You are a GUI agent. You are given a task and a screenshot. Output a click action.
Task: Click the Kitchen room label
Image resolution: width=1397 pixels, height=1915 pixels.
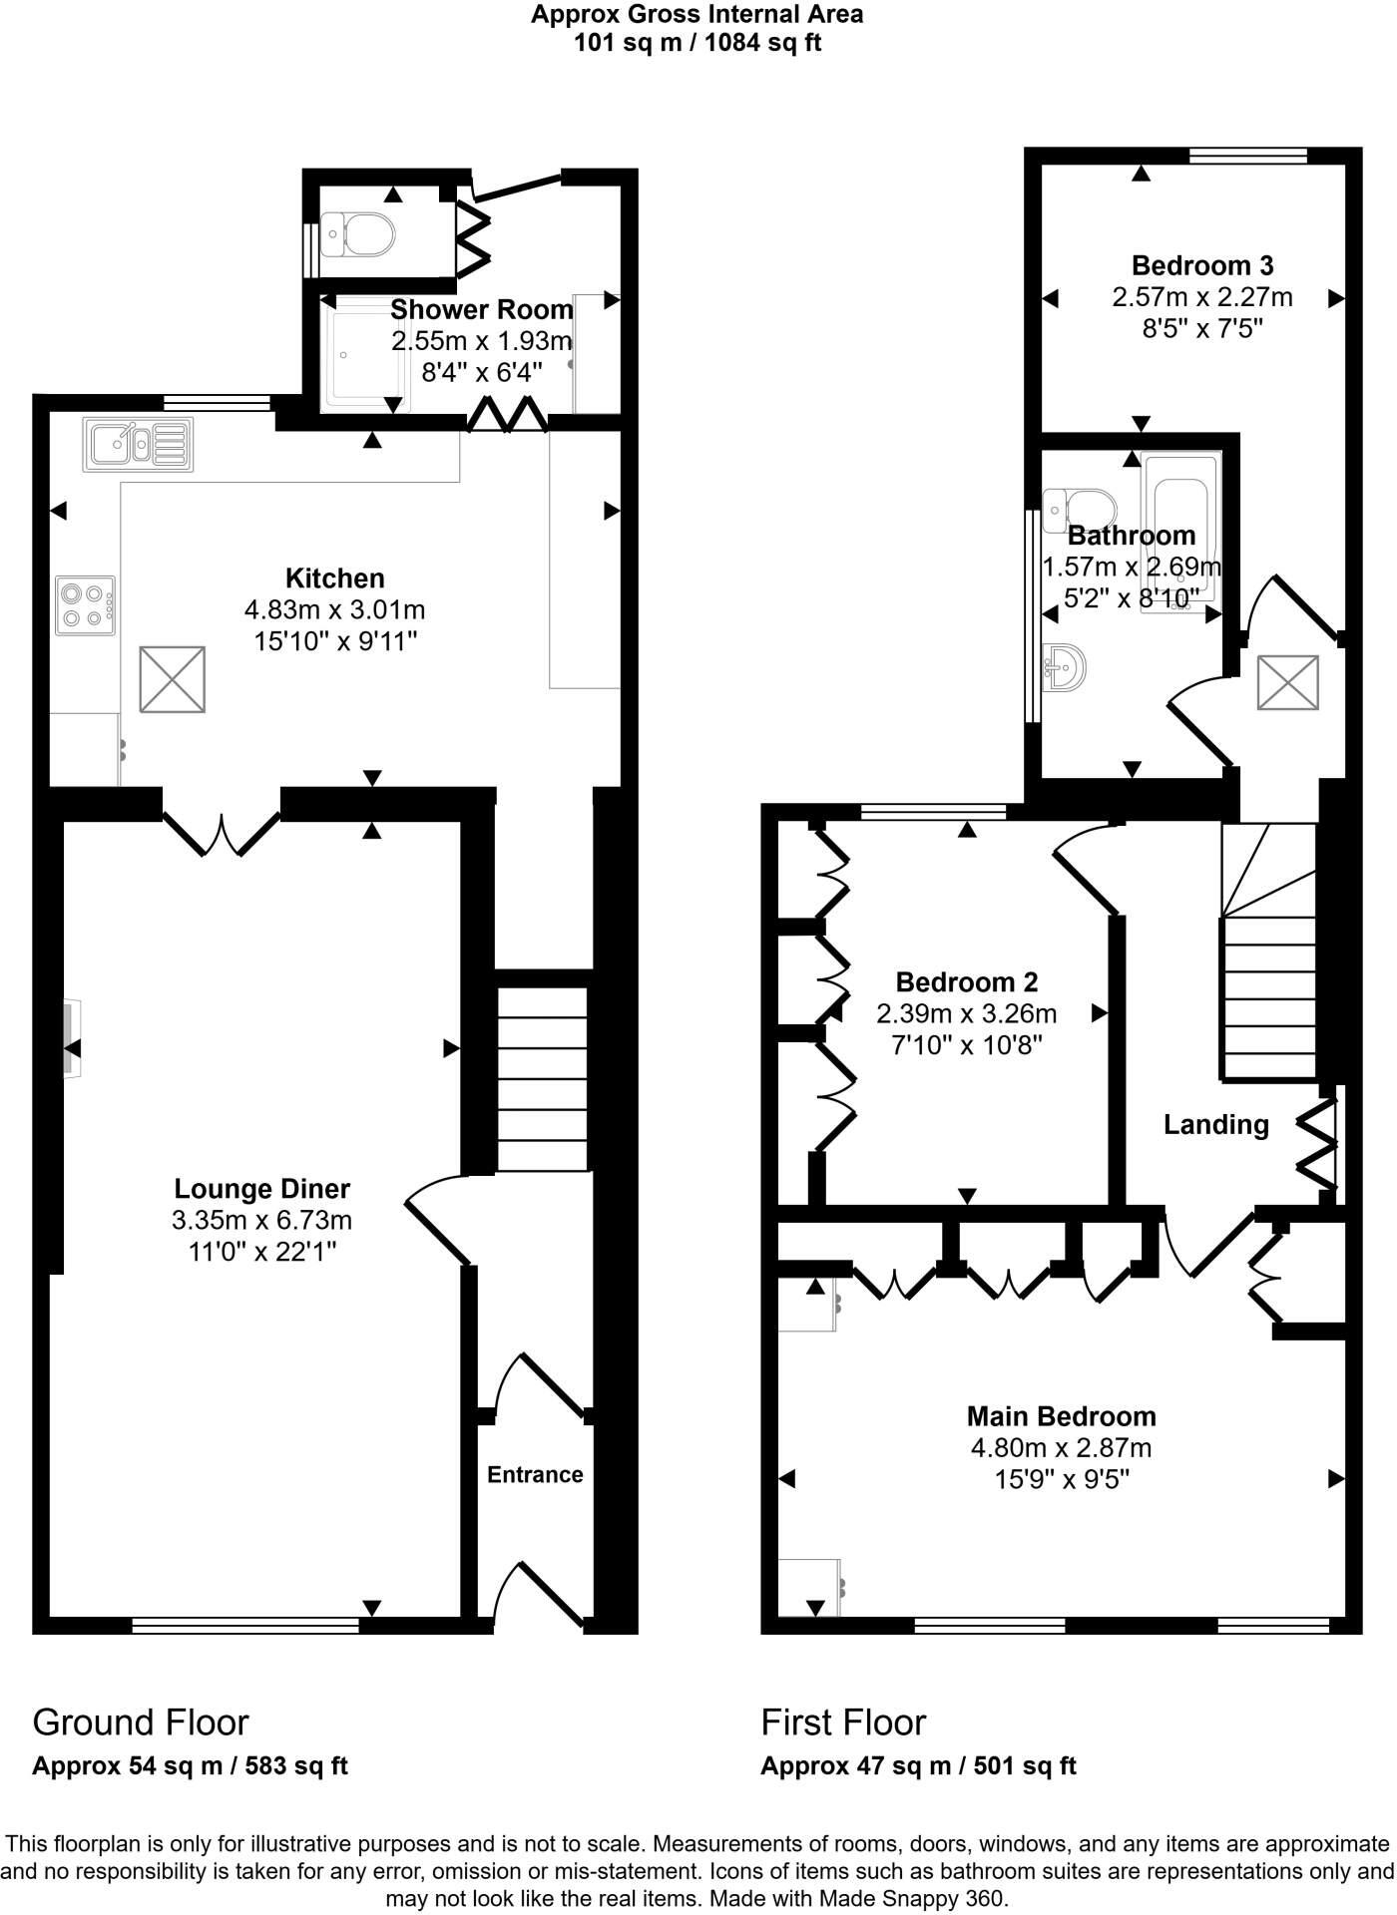(x=334, y=578)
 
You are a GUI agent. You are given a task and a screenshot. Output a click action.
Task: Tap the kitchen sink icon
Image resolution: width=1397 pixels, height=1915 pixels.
(x=139, y=444)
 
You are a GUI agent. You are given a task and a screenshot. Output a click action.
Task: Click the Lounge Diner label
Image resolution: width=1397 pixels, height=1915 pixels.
(x=261, y=1189)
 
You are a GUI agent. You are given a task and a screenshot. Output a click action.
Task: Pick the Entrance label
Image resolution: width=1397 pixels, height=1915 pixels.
(x=535, y=1474)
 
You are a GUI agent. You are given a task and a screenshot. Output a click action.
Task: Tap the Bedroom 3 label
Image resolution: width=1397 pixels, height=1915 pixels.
(x=1202, y=265)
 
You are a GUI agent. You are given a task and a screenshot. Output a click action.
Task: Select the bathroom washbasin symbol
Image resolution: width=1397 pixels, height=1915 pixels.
(x=1066, y=666)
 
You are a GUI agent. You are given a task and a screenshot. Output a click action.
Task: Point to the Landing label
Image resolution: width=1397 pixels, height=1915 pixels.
(x=1215, y=1125)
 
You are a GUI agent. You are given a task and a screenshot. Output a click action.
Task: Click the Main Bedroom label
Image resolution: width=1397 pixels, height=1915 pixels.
(x=1061, y=1416)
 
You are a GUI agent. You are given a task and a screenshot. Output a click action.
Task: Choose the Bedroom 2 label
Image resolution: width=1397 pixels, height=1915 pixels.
(x=966, y=982)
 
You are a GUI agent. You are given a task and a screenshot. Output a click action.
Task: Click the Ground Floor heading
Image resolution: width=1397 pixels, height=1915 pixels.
(x=141, y=1723)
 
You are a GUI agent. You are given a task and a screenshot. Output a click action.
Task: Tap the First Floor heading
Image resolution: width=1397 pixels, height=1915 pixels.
(x=843, y=1723)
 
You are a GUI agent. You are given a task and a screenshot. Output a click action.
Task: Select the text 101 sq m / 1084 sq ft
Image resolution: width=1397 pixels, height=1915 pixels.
(x=698, y=44)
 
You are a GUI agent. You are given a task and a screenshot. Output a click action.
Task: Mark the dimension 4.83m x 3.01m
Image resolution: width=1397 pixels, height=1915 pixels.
(x=334, y=609)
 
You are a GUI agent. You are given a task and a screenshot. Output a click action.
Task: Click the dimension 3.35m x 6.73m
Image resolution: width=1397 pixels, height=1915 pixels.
(x=261, y=1220)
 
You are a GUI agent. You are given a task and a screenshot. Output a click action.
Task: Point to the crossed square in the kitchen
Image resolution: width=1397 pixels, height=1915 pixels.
(x=173, y=679)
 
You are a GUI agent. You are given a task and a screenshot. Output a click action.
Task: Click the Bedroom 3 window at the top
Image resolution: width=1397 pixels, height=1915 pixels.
(x=1248, y=155)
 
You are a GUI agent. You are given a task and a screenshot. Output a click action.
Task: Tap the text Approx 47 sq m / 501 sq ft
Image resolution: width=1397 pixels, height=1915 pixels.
(x=918, y=1766)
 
